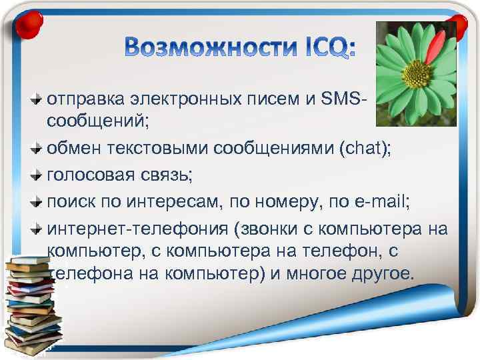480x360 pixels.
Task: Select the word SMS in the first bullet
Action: pyautogui.click(x=343, y=99)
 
